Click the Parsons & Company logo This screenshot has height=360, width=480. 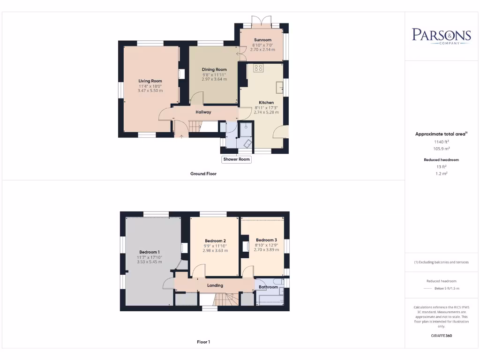(x=441, y=36)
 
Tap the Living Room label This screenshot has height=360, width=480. (x=150, y=81)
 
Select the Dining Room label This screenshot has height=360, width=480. (x=214, y=69)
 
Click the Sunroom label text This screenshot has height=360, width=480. (x=262, y=40)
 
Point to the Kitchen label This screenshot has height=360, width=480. (x=266, y=103)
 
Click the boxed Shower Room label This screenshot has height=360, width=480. (x=237, y=159)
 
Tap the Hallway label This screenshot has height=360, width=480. (x=203, y=112)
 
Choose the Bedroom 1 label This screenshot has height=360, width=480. (x=150, y=252)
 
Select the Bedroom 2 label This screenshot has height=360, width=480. (x=216, y=241)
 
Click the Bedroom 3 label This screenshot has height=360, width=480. (x=266, y=240)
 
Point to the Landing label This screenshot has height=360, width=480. (x=215, y=285)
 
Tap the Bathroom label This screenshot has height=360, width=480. (x=268, y=287)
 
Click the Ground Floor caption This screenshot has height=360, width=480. (x=203, y=173)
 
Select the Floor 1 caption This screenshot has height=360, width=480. (x=203, y=342)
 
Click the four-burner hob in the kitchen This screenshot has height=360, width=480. (x=258, y=68)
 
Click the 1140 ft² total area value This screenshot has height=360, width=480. (x=441, y=142)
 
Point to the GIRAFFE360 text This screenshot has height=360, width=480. (x=441, y=336)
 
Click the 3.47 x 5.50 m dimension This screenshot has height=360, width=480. (x=150, y=90)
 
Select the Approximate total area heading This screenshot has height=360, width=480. (x=441, y=134)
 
